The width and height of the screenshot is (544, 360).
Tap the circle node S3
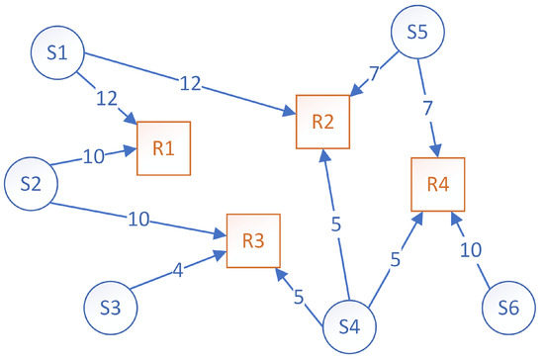click(112, 308)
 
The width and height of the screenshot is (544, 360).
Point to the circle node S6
click(509, 308)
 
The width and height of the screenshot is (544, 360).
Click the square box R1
click(164, 149)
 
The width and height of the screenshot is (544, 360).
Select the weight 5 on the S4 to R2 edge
click(336, 224)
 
